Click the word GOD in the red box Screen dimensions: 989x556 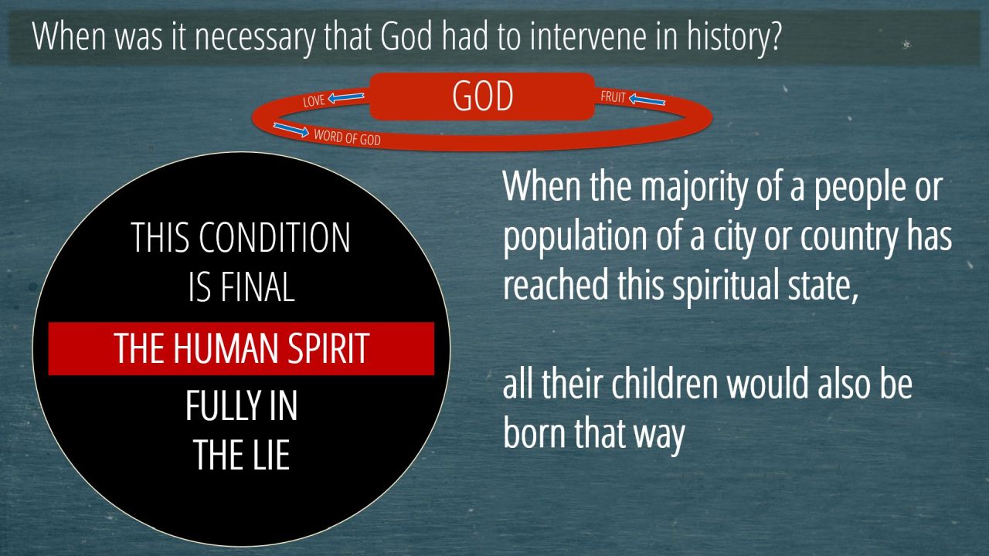click(x=483, y=96)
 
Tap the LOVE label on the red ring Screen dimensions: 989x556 click(x=314, y=100)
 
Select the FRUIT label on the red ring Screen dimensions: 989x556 click(x=613, y=97)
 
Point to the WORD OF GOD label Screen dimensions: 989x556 click(x=347, y=137)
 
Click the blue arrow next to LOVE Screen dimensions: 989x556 click(x=346, y=97)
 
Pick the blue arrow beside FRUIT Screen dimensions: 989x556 click(x=647, y=100)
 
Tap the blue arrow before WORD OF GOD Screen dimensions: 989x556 click(x=291, y=130)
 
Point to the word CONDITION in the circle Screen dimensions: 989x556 click(x=274, y=237)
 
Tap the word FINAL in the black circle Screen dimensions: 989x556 click(x=257, y=286)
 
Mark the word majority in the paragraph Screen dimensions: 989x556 click(x=694, y=188)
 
